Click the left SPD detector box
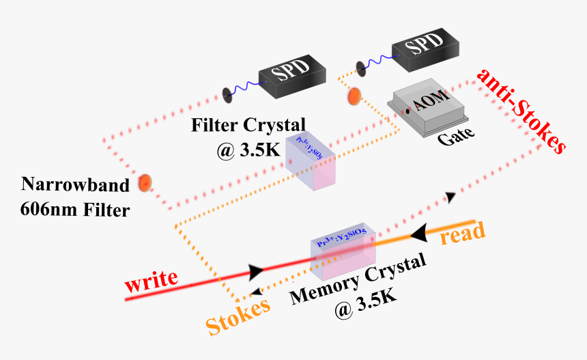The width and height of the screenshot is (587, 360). (292, 73)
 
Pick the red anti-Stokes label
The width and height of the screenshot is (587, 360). (521, 109)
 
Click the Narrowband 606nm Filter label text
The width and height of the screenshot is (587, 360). (75, 197)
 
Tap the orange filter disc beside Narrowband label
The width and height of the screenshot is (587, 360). (145, 182)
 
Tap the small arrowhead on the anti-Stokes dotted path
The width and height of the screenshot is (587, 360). (450, 197)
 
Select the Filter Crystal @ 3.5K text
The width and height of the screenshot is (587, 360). (239, 137)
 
